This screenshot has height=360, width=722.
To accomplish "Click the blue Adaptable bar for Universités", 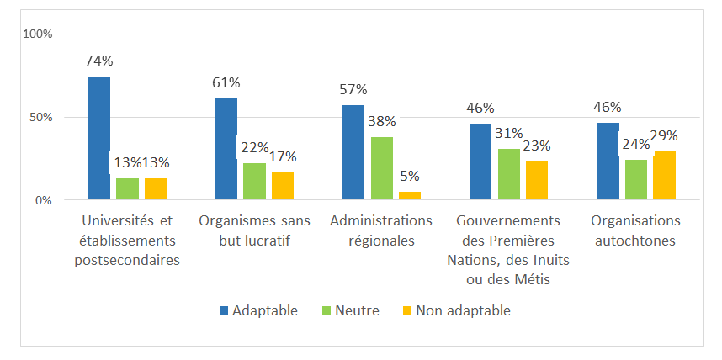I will [x=98, y=138].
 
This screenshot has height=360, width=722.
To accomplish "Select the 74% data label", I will [x=98, y=61].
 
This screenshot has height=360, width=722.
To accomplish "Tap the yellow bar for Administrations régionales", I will [x=410, y=195].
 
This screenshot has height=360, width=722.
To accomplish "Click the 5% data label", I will [x=410, y=176].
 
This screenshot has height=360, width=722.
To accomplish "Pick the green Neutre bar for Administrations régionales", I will [x=381, y=168].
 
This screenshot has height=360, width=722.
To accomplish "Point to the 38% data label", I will [x=381, y=121].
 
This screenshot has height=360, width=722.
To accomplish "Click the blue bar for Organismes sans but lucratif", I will [x=226, y=149].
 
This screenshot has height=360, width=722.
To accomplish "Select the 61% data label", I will [x=226, y=82].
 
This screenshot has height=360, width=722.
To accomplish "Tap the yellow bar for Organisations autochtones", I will [x=664, y=176].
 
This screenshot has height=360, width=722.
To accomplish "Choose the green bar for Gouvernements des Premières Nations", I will [x=508, y=174].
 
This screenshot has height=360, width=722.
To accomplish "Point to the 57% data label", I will [x=353, y=89].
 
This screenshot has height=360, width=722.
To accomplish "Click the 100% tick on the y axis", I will [x=38, y=34].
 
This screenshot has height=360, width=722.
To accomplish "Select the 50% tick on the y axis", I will [x=40, y=117].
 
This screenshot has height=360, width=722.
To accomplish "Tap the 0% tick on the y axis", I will [x=44, y=200].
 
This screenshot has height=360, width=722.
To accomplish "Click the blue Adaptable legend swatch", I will [x=224, y=310].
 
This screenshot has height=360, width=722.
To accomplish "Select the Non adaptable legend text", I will [x=464, y=310].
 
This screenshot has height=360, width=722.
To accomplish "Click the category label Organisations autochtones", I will [x=635, y=230].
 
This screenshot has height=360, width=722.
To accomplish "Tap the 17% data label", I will [x=283, y=156].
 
